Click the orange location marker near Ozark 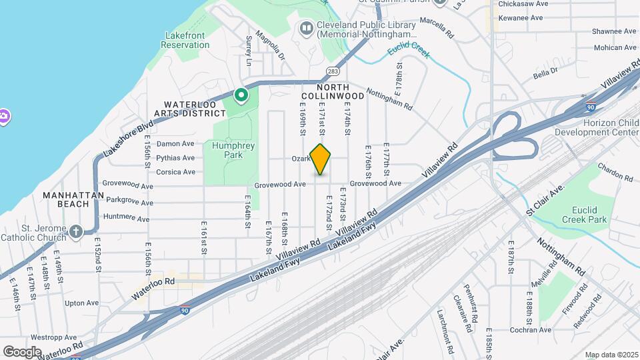[x=321, y=159]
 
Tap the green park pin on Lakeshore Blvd [x=241, y=96]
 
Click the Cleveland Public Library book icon [x=306, y=28]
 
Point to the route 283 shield [x=333, y=71]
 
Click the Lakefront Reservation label [x=185, y=40]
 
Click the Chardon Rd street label [x=615, y=172]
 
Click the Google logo [x=22, y=352]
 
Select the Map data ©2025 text [x=610, y=355]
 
